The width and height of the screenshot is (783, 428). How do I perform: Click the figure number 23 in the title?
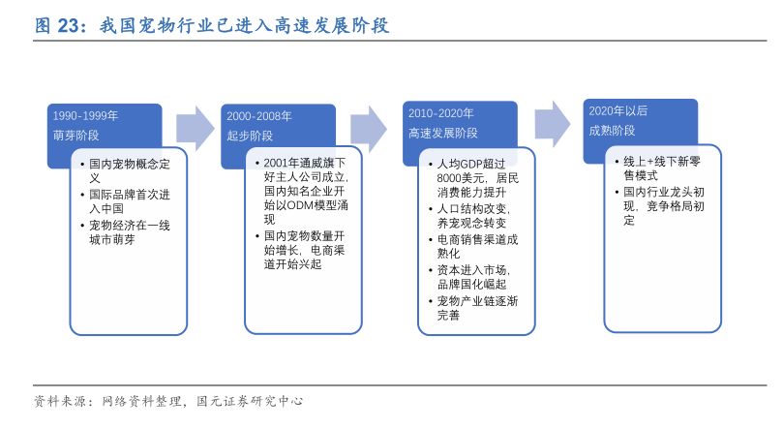[68, 25]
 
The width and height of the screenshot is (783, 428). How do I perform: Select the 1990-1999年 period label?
[85, 116]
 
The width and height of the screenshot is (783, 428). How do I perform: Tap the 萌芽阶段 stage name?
[75, 136]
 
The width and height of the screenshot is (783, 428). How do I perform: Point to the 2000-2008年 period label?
[258, 116]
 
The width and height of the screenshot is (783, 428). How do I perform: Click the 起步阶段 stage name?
[250, 136]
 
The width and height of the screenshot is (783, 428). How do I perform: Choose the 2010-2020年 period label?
[441, 113]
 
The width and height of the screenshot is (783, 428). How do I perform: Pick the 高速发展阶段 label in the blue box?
[443, 133]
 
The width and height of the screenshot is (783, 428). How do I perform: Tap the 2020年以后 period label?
[617, 110]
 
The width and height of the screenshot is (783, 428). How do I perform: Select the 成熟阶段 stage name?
[612, 131]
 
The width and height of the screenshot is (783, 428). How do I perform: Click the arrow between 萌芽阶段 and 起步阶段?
[196, 129]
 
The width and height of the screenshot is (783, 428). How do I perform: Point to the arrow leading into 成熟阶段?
[553, 124]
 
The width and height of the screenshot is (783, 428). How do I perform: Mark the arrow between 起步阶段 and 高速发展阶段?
[369, 129]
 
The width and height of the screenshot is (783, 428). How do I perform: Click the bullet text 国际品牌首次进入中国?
[130, 201]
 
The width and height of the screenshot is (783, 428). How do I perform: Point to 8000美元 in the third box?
[461, 178]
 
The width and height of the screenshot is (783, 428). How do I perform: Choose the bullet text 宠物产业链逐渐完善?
[477, 308]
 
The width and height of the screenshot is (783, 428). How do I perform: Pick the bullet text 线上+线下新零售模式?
[662, 168]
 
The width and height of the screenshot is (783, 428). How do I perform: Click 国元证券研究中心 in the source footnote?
[250, 401]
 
